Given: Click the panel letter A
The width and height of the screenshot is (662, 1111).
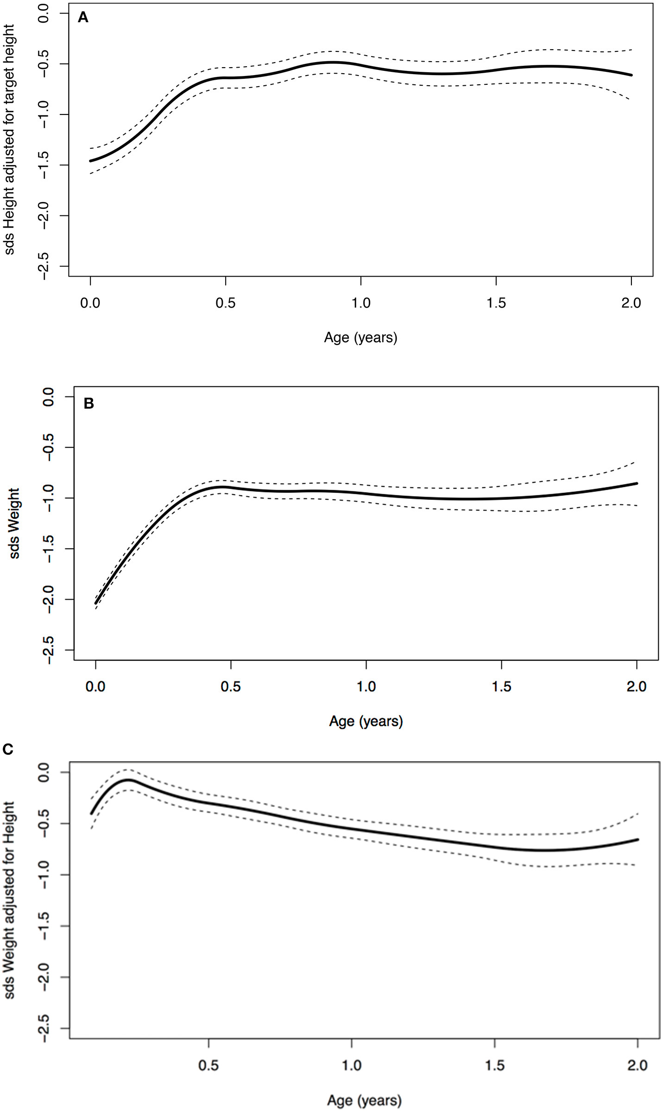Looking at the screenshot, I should point(83,18).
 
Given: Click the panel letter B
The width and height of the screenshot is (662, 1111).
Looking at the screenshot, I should point(88,404).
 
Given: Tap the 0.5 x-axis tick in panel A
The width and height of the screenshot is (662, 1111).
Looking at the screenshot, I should point(225,303).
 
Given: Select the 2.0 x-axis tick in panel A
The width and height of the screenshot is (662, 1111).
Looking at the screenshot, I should point(631,303).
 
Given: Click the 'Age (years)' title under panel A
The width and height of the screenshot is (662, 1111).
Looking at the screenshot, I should point(360,337).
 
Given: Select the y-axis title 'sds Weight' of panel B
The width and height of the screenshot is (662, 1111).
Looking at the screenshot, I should point(15,523).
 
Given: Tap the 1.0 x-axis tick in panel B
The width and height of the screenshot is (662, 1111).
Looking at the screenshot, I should point(366,687).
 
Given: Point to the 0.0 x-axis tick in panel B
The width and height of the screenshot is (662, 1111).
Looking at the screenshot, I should point(95,687).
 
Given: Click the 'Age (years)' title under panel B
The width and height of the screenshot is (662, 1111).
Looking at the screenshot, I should point(366,721).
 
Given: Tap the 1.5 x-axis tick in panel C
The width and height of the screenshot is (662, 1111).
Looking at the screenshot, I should point(495,1065).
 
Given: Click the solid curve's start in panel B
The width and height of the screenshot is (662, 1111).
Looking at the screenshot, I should point(96,603).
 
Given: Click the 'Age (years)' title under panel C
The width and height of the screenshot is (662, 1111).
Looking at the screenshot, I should point(364,1100).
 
